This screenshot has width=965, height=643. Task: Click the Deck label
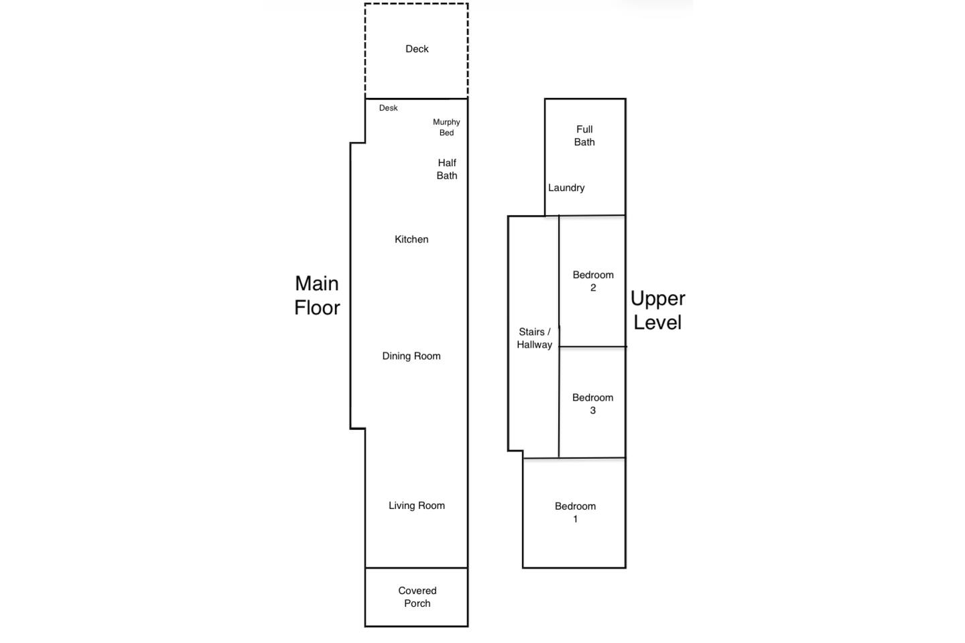(417, 49)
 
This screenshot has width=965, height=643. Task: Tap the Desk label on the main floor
(388, 108)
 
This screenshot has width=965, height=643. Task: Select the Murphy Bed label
(446, 127)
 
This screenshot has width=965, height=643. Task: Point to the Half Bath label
(447, 169)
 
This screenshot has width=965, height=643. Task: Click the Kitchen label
(411, 239)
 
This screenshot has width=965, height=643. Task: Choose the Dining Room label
(411, 356)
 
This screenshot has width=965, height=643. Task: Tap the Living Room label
(417, 505)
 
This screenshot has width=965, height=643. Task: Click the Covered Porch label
(417, 597)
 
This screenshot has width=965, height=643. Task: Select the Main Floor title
(317, 295)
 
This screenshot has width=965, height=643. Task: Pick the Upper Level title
(658, 310)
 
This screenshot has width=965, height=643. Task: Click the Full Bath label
(584, 135)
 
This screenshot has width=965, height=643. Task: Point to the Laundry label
(566, 188)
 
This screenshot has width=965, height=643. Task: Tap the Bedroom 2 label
(593, 281)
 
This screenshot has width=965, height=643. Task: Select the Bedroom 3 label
(593, 403)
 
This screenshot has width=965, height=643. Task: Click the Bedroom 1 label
(575, 512)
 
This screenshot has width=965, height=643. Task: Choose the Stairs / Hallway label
(534, 338)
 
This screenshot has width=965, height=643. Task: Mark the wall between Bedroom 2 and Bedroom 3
(592, 346)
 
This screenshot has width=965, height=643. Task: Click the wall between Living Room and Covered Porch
(417, 567)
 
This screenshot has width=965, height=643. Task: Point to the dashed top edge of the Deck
(417, 4)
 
